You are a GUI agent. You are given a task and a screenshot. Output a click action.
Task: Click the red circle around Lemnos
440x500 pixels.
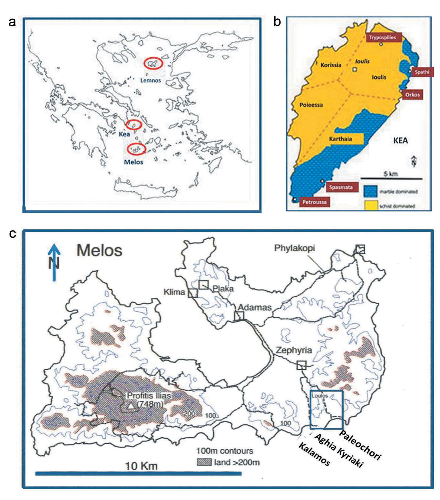point(153,64)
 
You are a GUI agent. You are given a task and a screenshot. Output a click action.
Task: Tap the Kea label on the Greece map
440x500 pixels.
point(124,134)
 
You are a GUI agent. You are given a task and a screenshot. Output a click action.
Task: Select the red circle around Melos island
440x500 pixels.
point(136,149)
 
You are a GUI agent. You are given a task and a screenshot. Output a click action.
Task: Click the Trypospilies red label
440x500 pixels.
point(383,37)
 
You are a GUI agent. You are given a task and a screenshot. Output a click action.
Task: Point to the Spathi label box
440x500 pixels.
point(422,72)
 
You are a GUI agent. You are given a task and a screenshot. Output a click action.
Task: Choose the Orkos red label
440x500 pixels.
point(412,95)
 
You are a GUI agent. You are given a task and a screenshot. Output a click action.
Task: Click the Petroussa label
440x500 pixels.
point(314,202)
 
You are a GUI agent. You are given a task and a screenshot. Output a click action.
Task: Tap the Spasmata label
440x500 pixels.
point(341,187)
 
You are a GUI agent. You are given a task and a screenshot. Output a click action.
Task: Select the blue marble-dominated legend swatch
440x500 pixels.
point(371,192)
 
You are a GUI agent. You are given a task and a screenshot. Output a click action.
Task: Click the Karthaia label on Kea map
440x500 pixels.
point(340,139)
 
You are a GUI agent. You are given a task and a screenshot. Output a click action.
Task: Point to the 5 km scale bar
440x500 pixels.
point(391,178)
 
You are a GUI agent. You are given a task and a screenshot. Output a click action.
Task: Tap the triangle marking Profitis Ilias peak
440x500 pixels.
point(131,406)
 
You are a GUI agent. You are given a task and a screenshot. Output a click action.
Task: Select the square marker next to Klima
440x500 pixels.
point(193,293)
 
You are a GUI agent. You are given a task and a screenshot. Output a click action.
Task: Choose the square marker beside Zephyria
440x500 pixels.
point(301,365)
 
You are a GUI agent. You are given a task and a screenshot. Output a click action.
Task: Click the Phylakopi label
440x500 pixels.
point(294,248)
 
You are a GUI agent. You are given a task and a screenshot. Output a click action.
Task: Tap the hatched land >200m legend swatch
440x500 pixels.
point(204,462)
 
